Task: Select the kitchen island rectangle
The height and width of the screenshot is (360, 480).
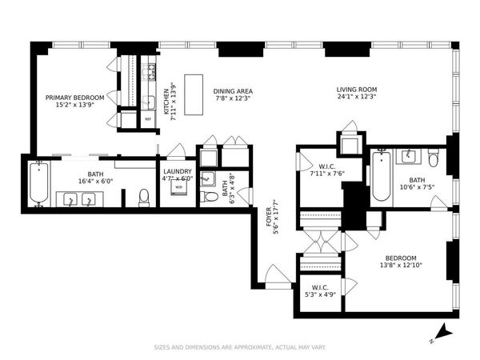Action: (x=194, y=85)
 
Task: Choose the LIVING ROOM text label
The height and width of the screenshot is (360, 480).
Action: (x=356, y=94)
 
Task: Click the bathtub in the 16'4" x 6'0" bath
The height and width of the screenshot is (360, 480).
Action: (x=38, y=184)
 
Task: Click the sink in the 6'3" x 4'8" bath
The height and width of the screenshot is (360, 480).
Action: (x=208, y=178)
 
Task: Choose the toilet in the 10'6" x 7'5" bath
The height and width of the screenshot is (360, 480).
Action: (x=434, y=159)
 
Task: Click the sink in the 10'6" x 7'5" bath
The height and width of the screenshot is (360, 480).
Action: (x=407, y=155)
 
